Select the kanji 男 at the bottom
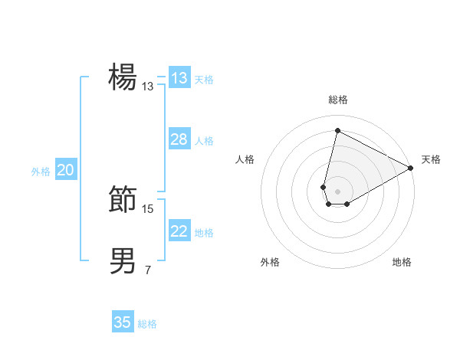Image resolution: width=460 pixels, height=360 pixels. (x=123, y=261)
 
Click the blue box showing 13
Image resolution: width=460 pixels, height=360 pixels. (x=179, y=78)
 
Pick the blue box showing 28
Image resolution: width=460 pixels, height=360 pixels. (x=179, y=139)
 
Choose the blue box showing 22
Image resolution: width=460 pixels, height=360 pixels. (x=179, y=231)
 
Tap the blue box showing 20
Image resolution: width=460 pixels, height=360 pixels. (x=65, y=170)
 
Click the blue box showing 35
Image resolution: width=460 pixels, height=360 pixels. (x=123, y=322)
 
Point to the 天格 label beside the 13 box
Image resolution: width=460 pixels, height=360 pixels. (x=204, y=79)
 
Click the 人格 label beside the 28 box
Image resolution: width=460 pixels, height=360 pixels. (x=204, y=140)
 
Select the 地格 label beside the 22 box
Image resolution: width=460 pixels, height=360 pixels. (x=204, y=232)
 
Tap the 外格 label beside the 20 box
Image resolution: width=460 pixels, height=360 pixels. (x=41, y=172)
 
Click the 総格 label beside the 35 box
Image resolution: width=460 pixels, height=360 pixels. (x=147, y=324)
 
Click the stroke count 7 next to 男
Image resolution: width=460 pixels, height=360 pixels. (x=148, y=270)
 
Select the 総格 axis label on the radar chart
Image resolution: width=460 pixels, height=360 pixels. (x=337, y=100)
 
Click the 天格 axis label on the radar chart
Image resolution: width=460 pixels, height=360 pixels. (x=431, y=159)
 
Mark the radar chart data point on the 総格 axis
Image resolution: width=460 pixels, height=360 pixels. (x=337, y=129)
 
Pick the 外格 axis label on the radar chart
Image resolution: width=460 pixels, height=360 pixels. (x=270, y=262)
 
